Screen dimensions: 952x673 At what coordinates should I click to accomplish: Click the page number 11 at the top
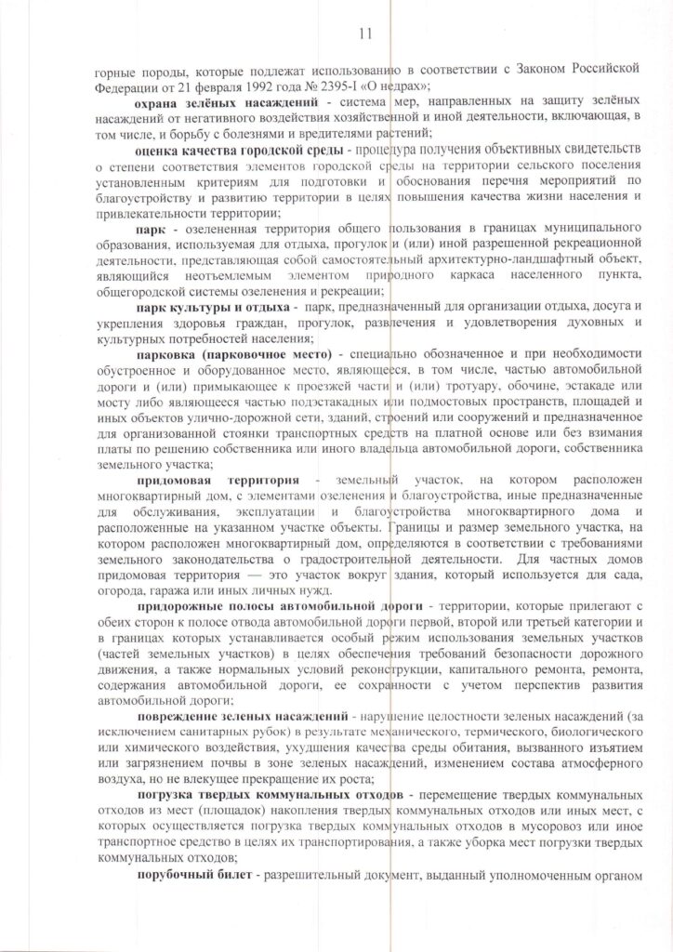363,34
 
